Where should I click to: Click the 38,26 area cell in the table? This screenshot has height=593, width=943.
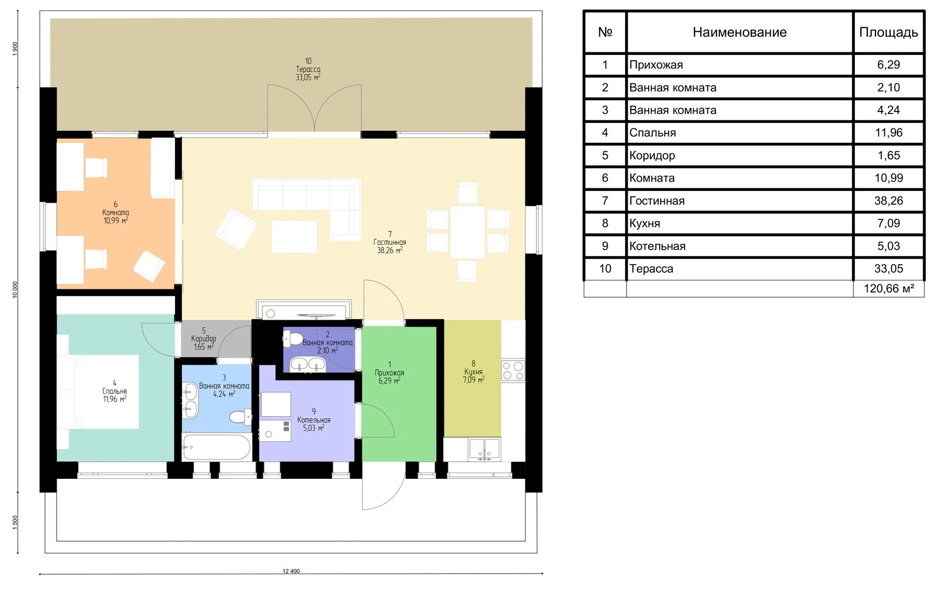click(x=889, y=200)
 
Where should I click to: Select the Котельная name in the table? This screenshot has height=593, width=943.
click(x=657, y=246)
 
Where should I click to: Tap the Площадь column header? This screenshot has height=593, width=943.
click(x=889, y=32)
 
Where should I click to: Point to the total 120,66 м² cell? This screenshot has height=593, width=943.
click(x=889, y=288)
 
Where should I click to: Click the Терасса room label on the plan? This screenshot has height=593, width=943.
click(x=308, y=69)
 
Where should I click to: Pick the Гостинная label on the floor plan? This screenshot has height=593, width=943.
click(x=390, y=242)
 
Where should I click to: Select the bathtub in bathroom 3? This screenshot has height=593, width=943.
click(x=216, y=447)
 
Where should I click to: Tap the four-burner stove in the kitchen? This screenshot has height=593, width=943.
click(x=513, y=371)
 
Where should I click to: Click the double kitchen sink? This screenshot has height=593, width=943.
click(x=484, y=449)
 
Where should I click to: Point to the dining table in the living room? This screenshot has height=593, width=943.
click(x=467, y=232)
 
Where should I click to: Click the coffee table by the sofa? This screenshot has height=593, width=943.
click(x=294, y=237)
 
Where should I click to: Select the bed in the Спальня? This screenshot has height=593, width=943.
click(x=98, y=392)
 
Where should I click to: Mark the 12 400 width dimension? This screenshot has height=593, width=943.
click(x=291, y=571)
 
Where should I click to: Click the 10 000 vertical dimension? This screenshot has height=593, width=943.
click(x=15, y=289)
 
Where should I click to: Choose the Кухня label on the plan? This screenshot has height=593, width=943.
click(x=474, y=372)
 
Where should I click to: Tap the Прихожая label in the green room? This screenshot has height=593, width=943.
click(x=389, y=373)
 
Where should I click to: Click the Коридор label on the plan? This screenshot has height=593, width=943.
click(x=204, y=339)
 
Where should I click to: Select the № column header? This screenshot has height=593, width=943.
click(x=605, y=32)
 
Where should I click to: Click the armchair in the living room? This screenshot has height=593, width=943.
click(x=236, y=229)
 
